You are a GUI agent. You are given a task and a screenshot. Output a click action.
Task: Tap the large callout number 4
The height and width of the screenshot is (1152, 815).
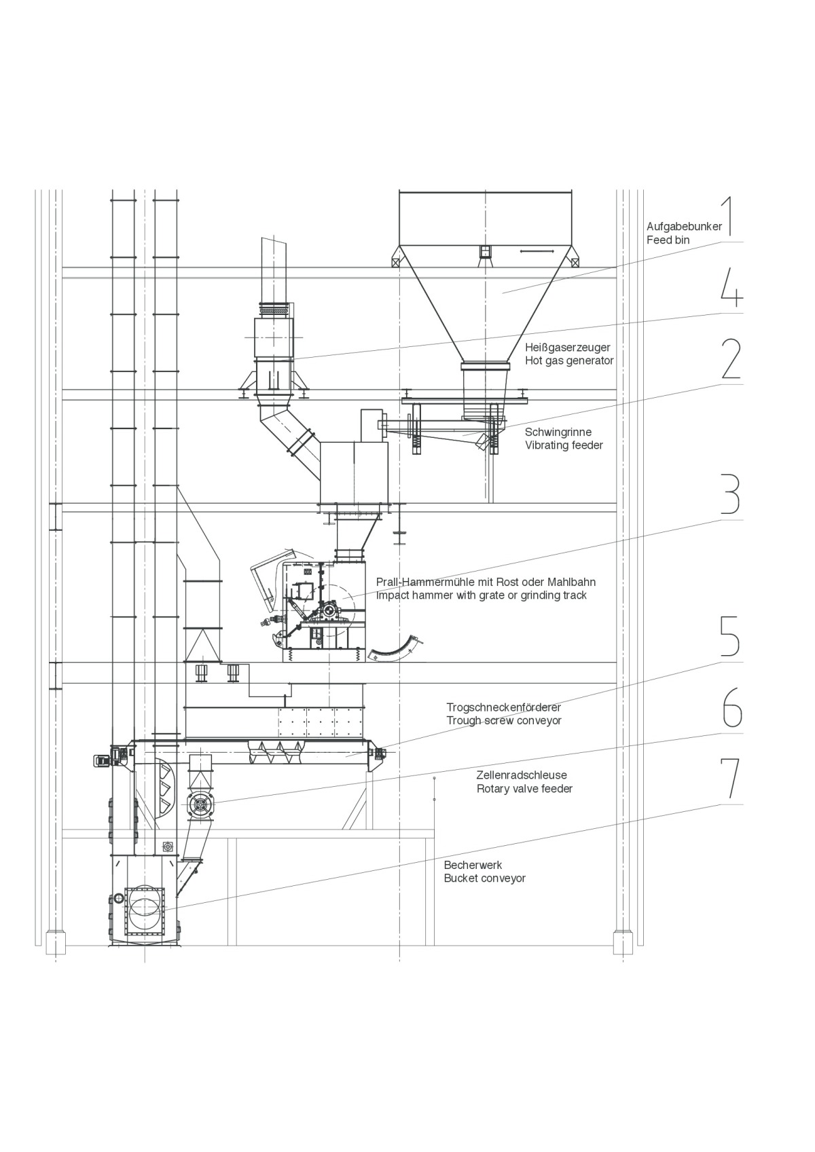pos(731,287)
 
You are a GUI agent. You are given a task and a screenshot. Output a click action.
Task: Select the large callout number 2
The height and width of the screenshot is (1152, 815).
pos(731,358)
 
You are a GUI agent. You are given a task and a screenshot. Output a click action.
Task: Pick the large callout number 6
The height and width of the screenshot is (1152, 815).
pos(731,707)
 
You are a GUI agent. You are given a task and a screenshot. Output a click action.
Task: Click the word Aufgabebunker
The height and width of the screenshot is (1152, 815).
pos(684,227)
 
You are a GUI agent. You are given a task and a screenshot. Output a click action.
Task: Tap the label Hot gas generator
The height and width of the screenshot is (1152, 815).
pos(569,360)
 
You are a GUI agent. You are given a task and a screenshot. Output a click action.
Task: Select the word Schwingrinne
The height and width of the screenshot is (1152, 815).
pos(558,432)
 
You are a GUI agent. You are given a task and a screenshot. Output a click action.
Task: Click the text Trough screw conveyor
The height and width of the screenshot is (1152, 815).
pos(503,720)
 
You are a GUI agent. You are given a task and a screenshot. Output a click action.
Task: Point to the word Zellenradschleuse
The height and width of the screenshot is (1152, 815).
pos(521,775)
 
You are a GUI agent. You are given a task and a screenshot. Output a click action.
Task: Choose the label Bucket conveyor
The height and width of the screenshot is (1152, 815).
pos(484,878)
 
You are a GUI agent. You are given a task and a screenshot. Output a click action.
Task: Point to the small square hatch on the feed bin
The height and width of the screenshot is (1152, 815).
pos(484,252)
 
